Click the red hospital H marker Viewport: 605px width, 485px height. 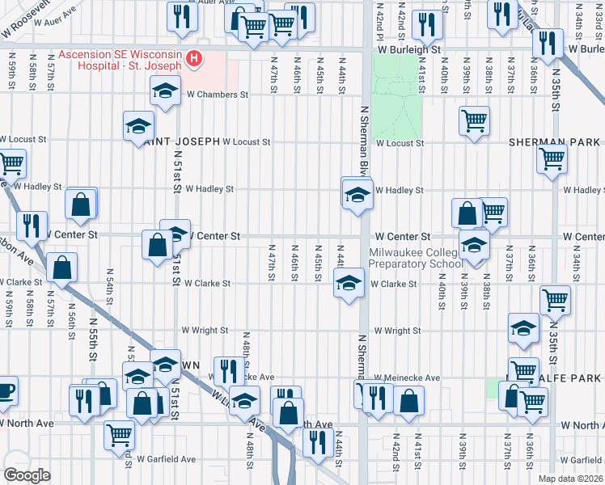[193, 58]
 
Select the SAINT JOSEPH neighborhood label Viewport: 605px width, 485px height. [181, 141]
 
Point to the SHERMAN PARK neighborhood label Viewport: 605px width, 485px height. [554, 142]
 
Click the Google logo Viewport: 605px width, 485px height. [27, 475]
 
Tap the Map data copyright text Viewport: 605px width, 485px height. [571, 479]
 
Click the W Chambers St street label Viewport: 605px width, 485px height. [216, 95]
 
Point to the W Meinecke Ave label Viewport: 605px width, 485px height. [407, 377]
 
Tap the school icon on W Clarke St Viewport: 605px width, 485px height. [349, 284]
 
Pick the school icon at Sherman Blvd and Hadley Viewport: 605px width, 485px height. [356, 195]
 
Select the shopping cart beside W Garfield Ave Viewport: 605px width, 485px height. [120, 434]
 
